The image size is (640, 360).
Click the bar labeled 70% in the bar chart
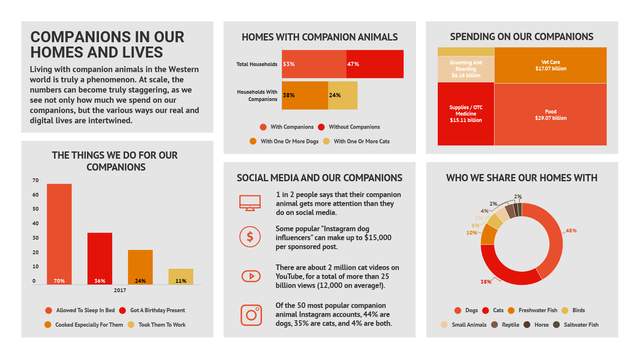tap(59, 234)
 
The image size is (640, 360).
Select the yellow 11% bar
tap(181, 276)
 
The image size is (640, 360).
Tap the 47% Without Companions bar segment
tap(375, 64)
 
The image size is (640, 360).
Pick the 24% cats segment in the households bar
tap(343, 96)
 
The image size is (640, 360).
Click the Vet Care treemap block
tap(550, 65)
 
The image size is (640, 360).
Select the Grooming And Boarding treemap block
tap(466, 69)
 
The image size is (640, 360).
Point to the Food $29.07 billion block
tap(550, 115)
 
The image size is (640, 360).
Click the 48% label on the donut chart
tap(571, 231)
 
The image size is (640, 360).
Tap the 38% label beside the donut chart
tap(486, 282)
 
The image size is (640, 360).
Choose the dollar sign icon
tap(250, 237)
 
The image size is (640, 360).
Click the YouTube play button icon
tap(251, 276)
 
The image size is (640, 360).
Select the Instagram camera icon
tap(251, 315)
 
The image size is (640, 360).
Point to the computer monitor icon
tap(250, 203)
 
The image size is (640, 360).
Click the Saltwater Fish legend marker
tap(556, 325)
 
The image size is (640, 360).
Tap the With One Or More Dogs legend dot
tap(253, 142)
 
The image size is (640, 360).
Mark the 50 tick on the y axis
tap(35, 209)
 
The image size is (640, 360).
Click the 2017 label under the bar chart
tap(120, 290)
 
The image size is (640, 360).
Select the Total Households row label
tap(256, 64)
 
